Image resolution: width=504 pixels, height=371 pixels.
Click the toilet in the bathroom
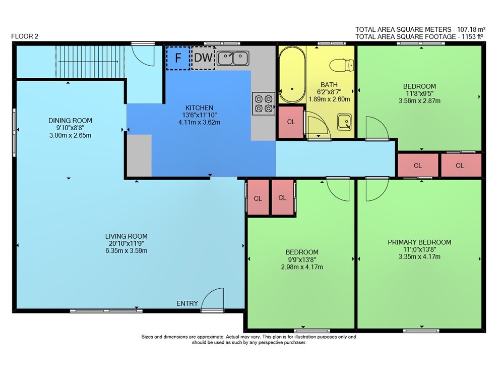(x=342, y=65)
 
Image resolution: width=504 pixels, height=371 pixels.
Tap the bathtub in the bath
(x=292, y=75)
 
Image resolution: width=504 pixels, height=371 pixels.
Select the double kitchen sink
(x=233, y=58)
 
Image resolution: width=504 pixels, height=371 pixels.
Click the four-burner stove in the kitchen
(x=263, y=103)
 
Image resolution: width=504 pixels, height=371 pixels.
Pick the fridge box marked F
(x=178, y=58)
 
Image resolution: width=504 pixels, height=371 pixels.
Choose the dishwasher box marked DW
(x=203, y=58)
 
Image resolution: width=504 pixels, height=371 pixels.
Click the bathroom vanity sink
(x=344, y=122)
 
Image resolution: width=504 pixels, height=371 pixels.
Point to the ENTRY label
(x=187, y=303)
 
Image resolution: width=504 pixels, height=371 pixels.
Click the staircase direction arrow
(x=88, y=62)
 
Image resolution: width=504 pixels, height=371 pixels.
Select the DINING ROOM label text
(x=70, y=121)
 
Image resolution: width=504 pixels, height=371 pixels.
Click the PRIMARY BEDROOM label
(x=419, y=242)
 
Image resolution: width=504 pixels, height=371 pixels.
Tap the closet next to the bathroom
(x=291, y=122)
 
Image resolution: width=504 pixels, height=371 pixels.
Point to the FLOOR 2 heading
(x=25, y=36)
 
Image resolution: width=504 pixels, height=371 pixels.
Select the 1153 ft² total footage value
(x=473, y=37)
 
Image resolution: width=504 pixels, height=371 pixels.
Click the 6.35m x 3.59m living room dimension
(x=127, y=250)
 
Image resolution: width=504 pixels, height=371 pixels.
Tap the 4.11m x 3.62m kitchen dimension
(x=199, y=122)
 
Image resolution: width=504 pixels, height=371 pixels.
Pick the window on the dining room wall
(x=14, y=133)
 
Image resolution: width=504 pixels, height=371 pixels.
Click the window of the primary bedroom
(x=421, y=331)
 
